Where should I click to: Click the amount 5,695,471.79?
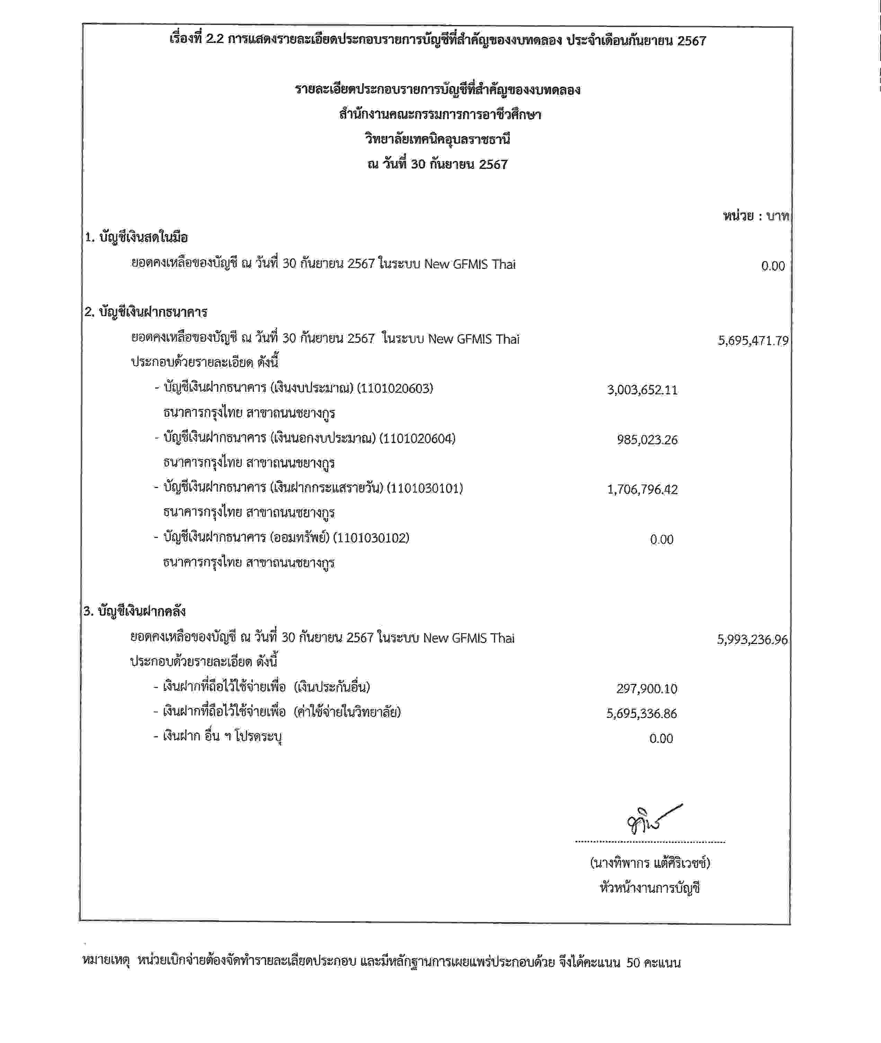(753, 341)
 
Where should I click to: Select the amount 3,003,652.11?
(642, 390)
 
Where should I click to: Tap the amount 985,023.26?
(647, 440)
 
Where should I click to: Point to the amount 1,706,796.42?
(642, 489)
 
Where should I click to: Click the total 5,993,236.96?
(752, 640)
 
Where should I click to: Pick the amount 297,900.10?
(647, 689)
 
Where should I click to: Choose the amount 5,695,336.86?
(642, 714)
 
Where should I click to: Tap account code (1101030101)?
(425, 488)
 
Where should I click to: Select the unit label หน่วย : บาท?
(756, 216)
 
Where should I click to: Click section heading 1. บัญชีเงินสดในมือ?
(136, 237)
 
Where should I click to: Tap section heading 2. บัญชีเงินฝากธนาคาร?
(146, 312)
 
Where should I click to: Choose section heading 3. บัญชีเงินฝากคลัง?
(135, 611)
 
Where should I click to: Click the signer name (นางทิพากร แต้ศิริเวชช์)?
(650, 863)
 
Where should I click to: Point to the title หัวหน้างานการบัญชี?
(650, 888)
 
